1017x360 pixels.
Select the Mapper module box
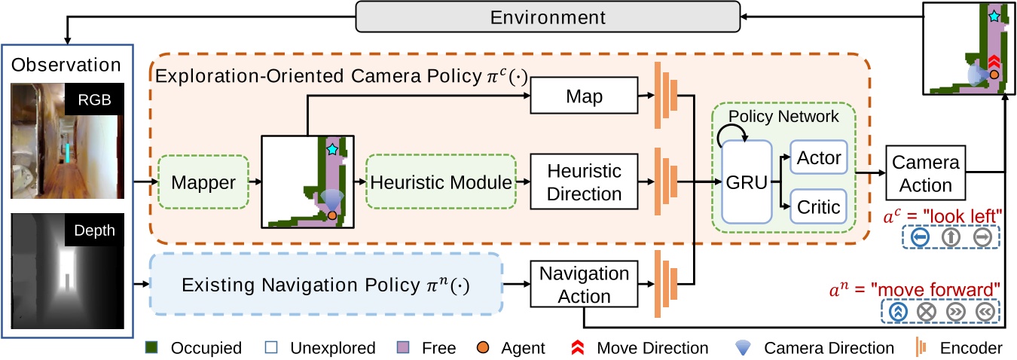(203, 182)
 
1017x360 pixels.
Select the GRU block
(748, 182)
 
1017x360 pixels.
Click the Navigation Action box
(585, 284)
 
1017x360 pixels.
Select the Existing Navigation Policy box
(326, 285)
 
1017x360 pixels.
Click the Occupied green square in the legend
(151, 348)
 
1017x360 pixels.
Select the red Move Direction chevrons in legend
(579, 348)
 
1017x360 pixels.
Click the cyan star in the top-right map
(994, 16)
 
